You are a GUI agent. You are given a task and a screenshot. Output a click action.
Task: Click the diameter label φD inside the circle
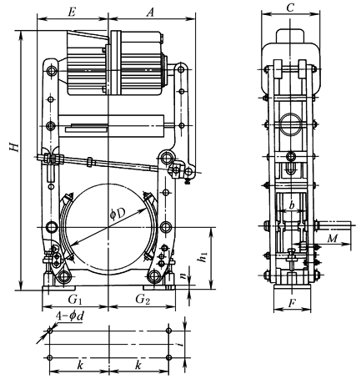[x=118, y=216]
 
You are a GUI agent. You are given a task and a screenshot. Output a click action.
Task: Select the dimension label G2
[x=142, y=298]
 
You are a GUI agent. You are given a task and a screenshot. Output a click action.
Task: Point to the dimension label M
[x=331, y=240]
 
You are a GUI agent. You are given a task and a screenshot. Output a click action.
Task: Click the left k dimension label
[x=80, y=366]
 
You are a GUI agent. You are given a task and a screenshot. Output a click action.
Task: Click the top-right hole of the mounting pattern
[x=168, y=331]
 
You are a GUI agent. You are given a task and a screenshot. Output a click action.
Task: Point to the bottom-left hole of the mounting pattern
[x=50, y=357]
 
